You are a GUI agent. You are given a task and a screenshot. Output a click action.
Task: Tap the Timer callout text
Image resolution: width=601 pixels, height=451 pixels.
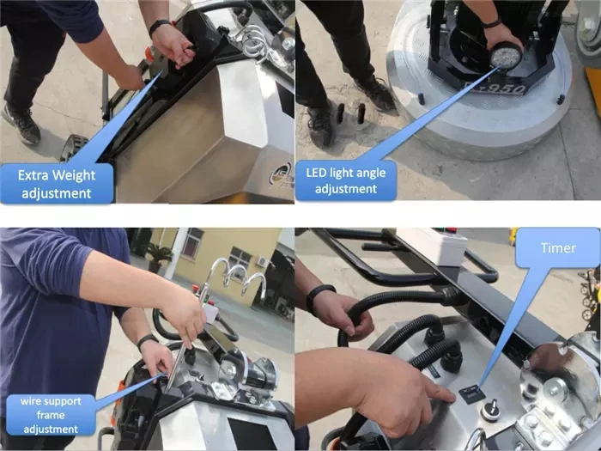[x=558, y=248]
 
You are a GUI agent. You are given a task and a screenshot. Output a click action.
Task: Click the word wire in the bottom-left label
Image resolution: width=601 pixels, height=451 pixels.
[x=29, y=401]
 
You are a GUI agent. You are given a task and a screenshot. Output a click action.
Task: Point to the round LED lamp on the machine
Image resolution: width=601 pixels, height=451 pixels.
[x=506, y=55]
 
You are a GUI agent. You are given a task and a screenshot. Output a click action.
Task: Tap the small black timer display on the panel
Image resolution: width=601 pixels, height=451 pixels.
[x=472, y=394]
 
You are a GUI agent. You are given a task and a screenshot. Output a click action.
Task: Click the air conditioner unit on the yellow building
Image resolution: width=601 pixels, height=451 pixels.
[x=262, y=261]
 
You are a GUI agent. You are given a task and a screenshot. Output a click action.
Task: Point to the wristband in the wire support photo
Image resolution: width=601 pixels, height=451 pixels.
[x=147, y=340]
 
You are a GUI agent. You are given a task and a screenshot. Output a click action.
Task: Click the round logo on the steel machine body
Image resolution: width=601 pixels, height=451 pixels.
[x=281, y=174]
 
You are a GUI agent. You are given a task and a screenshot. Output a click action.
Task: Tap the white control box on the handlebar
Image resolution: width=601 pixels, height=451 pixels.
[x=433, y=247]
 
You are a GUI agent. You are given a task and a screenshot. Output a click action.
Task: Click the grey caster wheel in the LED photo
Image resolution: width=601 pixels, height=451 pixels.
[x=586, y=31]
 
